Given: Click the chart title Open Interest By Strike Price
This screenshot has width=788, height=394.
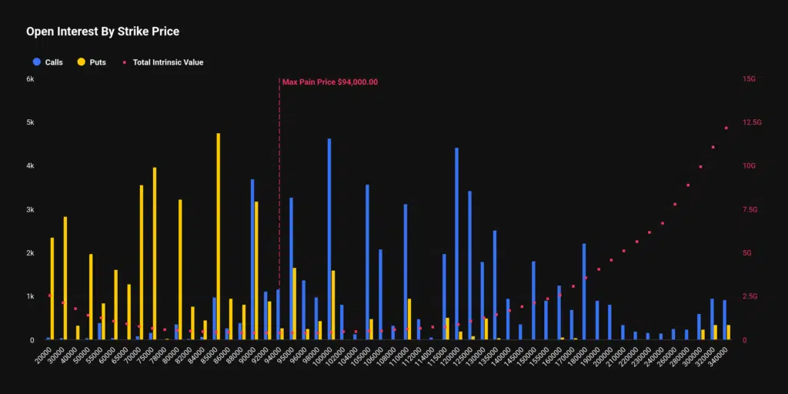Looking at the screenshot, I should click(x=102, y=32).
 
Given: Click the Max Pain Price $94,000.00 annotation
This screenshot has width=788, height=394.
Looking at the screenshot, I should click(x=329, y=82).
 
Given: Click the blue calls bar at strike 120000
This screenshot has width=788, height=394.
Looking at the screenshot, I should click(x=456, y=243).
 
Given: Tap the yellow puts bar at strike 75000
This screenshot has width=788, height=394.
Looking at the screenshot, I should click(x=155, y=253).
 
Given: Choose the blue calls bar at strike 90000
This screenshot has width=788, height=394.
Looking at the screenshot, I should click(x=252, y=259).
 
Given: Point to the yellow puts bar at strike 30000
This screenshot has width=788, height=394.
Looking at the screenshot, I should click(x=65, y=278).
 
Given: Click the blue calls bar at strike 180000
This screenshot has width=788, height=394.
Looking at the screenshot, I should click(x=584, y=291).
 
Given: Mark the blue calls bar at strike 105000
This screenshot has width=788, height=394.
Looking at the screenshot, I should click(x=367, y=262).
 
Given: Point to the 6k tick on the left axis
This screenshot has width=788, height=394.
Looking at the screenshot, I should click(x=30, y=79).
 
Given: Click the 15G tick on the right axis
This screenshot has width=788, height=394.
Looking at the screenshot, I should click(x=748, y=79).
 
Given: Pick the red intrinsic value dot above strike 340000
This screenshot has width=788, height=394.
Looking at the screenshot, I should click(x=726, y=128).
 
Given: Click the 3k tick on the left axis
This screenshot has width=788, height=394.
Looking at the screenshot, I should click(x=30, y=209).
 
